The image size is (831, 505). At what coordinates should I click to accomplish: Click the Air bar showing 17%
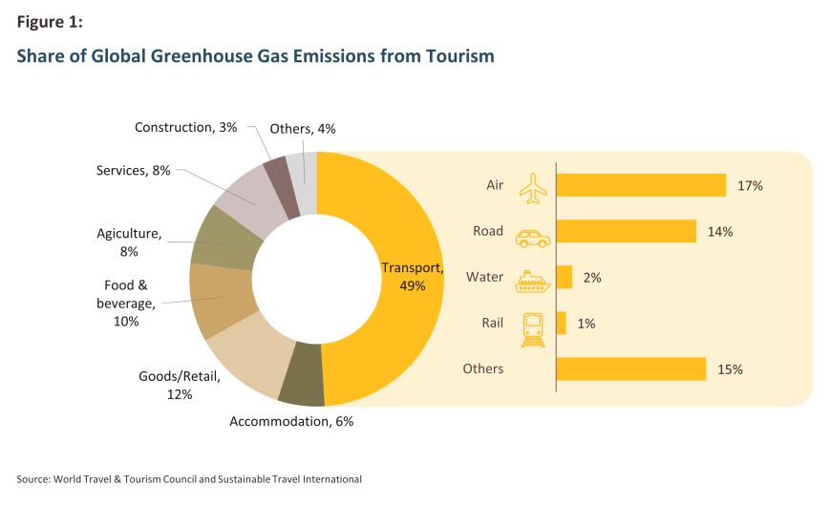641,185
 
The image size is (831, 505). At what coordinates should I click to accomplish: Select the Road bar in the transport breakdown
626,231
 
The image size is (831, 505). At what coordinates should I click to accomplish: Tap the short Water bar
564,277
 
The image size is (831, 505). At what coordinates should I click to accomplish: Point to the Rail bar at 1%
561,324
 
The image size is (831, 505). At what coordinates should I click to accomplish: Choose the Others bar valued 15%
630,368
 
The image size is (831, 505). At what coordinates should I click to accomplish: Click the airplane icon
533,187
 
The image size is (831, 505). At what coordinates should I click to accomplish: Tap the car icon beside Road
533,239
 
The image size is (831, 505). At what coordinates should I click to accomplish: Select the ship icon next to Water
533,281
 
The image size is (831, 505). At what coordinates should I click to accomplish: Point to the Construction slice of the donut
277,175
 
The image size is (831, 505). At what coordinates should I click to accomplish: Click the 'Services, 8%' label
133,171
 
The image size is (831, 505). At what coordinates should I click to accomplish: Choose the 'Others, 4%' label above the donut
302,129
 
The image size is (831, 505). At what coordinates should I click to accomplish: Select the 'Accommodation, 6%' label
291,421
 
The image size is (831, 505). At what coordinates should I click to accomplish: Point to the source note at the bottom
189,478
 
